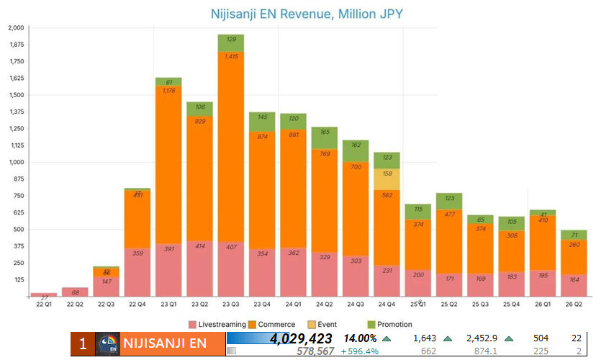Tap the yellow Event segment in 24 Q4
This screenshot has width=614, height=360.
[x=387, y=179]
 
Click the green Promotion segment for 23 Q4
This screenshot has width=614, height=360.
[x=262, y=122]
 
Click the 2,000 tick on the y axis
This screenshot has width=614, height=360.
[x=16, y=27]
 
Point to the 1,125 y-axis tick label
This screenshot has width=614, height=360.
[x=16, y=145]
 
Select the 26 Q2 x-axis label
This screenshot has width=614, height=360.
[x=574, y=304]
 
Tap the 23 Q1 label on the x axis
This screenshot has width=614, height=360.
[x=168, y=304]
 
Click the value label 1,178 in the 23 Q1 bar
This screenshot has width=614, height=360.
[x=168, y=91]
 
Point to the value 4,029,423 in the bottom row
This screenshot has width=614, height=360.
[x=302, y=338]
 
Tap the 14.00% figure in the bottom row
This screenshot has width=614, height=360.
[x=360, y=338]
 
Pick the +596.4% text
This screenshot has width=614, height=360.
[x=360, y=351]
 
